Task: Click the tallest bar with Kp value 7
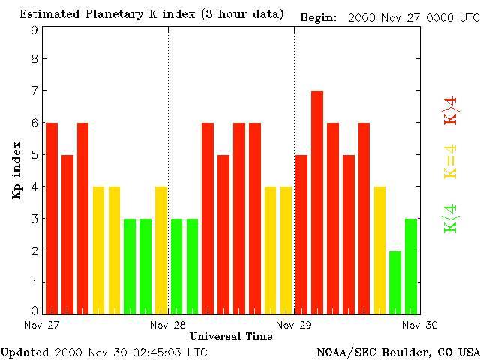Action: [x=317, y=202]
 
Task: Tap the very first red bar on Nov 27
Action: [x=52, y=217]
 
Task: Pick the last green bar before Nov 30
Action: [x=411, y=266]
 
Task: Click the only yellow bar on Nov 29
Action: [x=379, y=250]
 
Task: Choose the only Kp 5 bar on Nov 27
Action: [x=67, y=234]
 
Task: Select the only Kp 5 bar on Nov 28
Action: [x=223, y=234]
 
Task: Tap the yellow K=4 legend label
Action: [x=451, y=162]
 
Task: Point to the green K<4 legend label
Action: [x=451, y=218]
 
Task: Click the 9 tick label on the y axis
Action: [x=34, y=31]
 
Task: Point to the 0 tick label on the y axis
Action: [x=34, y=310]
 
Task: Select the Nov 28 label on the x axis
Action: [x=168, y=325]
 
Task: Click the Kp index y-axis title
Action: [x=16, y=170]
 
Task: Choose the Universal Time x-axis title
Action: [x=231, y=336]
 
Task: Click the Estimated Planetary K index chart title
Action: [x=151, y=14]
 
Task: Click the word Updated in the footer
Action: [x=25, y=352]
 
